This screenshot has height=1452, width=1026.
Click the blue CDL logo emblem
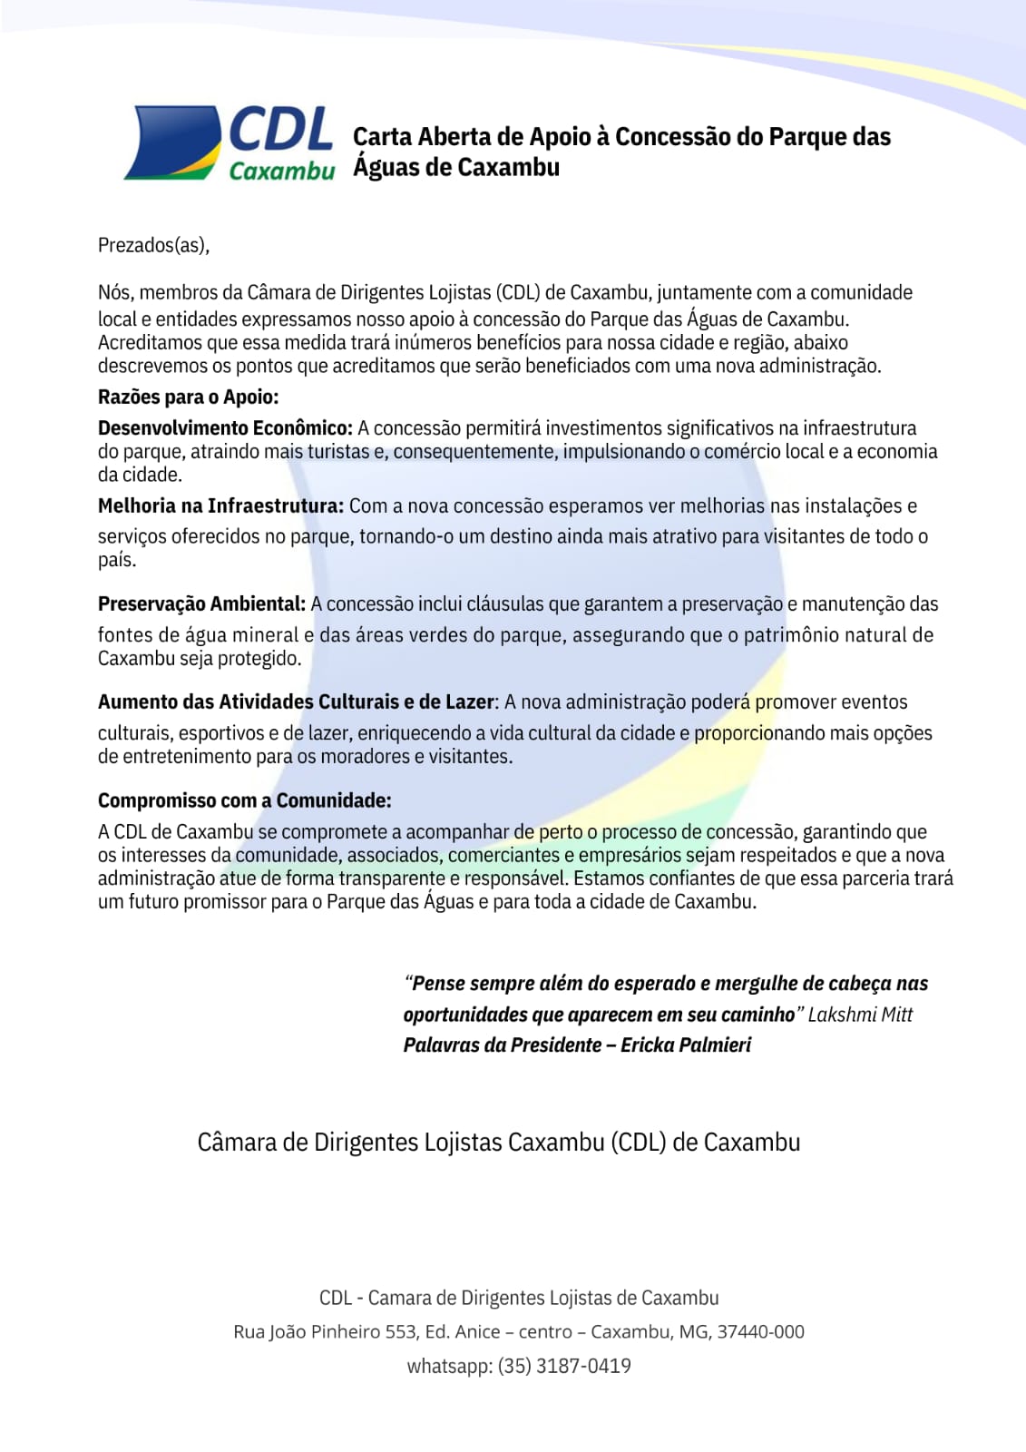click(173, 142)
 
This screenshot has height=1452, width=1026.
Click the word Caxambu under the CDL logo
click(281, 171)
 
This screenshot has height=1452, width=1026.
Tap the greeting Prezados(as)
click(153, 245)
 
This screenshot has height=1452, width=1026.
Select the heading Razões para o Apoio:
click(188, 397)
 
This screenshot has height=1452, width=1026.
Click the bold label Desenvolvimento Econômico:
click(225, 428)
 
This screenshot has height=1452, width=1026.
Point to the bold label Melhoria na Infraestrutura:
click(220, 506)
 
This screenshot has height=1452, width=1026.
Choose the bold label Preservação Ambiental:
click(201, 604)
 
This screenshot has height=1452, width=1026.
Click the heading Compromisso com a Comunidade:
click(244, 800)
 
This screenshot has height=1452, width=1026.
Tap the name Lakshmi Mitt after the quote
click(860, 1015)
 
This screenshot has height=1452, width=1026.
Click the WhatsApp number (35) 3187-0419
click(563, 1366)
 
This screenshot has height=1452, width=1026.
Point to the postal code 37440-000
click(760, 1331)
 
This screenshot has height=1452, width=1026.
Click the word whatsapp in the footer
click(448, 1366)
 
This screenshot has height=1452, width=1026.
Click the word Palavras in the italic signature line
click(441, 1045)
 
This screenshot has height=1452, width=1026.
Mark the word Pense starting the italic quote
click(438, 984)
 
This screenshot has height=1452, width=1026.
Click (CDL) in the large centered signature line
click(639, 1142)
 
